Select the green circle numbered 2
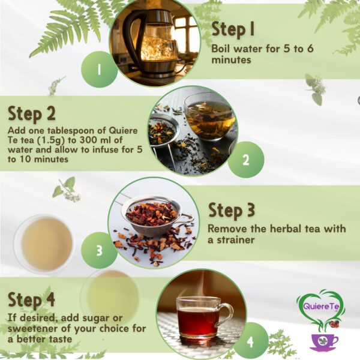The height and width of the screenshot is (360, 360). (245, 160)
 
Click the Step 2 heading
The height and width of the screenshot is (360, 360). (32, 113)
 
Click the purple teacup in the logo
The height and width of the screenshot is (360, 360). (324, 341)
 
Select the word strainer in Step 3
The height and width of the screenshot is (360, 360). (238, 240)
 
